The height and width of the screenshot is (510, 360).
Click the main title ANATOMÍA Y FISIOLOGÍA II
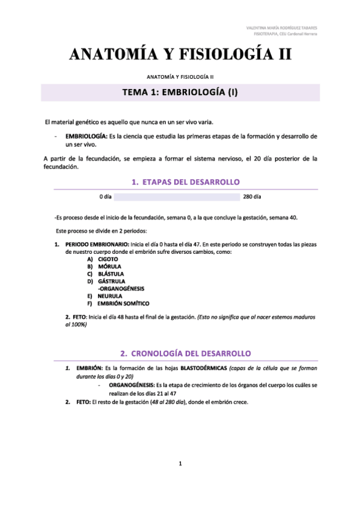[x=180, y=55]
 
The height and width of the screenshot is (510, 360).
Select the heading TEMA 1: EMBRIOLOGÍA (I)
[x=180, y=93]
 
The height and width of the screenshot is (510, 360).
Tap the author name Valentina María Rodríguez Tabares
[x=282, y=28]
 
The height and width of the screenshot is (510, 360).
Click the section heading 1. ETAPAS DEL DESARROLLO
[x=185, y=182]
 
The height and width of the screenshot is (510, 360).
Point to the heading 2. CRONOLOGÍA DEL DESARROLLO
[x=185, y=352]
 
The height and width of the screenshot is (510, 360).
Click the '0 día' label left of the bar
[x=106, y=197]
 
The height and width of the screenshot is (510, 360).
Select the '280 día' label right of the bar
[x=252, y=197]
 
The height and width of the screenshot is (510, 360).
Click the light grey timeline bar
[x=177, y=197]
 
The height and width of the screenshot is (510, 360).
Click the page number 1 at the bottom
[x=180, y=463]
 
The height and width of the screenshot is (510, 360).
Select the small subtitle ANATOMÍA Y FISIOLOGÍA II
[x=180, y=77]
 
